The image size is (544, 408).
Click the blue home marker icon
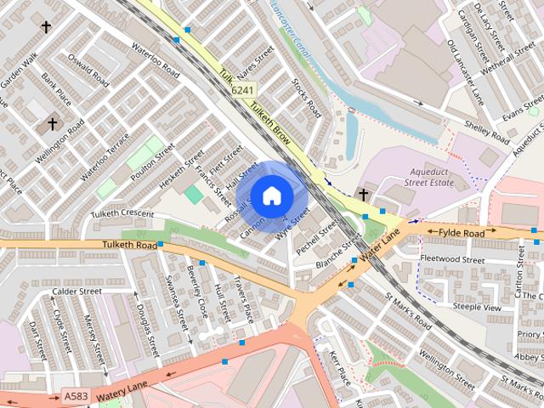pos(271,195)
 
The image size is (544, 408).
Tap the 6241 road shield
pos(243,90)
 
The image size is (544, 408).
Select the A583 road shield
pos(75,396)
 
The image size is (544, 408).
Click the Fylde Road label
pos(462,232)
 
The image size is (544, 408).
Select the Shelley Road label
pos(487,131)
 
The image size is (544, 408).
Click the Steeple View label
pos(477,307)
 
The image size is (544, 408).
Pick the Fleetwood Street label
pos(451,260)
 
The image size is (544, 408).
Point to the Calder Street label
pos(76,291)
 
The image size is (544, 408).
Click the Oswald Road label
pos(89,72)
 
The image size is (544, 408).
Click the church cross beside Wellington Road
pos(53,124)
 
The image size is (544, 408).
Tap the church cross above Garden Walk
pos(46,27)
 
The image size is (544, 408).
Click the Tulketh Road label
pos(125,245)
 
